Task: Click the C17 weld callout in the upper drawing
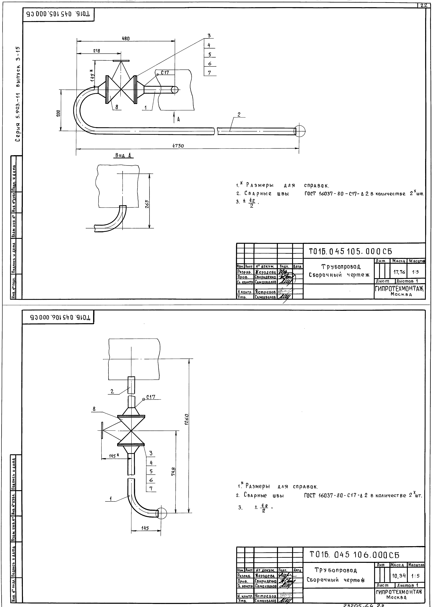click(164, 72)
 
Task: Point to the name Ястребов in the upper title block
click(265, 292)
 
